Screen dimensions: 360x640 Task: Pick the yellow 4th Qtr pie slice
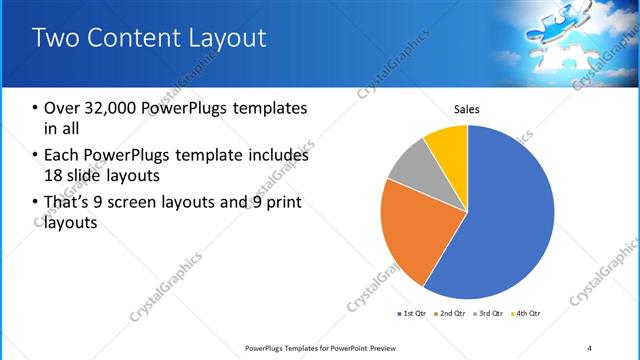[447, 144]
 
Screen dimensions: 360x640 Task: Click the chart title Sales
[467, 108]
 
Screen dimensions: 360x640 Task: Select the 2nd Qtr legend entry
[451, 314]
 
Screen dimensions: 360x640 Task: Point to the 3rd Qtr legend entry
[490, 314]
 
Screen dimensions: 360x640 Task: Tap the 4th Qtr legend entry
[527, 314]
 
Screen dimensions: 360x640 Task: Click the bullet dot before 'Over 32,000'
[36, 108]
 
